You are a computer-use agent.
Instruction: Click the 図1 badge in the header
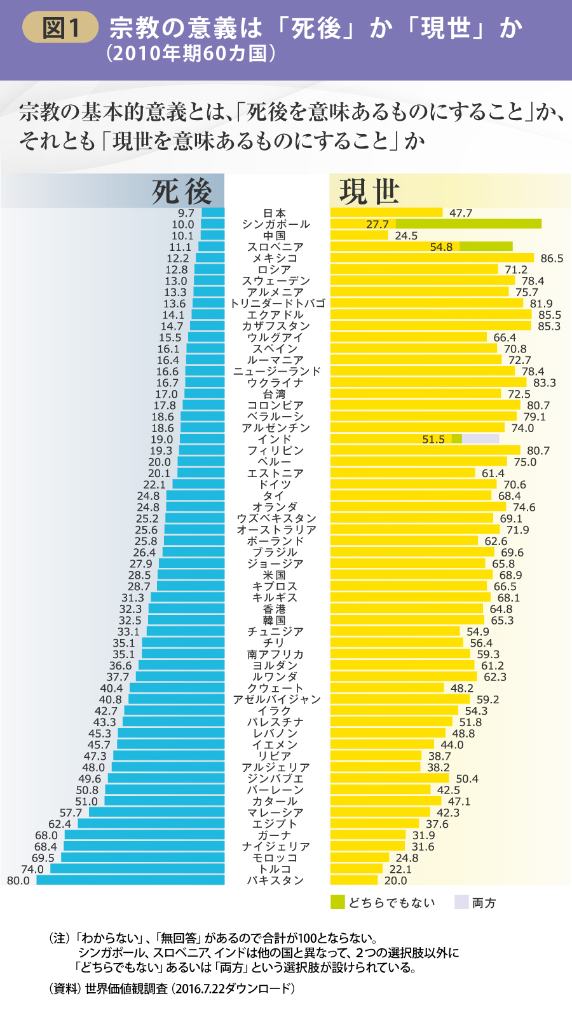coord(60,29)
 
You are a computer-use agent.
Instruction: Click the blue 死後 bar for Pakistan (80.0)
coord(130,880)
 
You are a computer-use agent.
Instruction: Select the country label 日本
coord(275,213)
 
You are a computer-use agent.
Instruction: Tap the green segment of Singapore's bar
coord(468,224)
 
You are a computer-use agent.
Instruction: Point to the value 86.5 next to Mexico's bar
coord(552,259)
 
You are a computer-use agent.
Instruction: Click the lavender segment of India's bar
coord(480,439)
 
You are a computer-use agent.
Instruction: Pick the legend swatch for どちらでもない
coord(337,902)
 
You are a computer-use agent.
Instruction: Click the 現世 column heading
coord(369,191)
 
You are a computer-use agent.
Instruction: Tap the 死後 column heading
coord(182,191)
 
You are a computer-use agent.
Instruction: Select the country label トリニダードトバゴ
coord(278,304)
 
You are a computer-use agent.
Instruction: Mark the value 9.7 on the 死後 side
coord(186,213)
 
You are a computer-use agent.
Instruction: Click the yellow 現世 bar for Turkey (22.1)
coord(356,868)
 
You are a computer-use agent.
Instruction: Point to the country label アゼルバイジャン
coord(276,699)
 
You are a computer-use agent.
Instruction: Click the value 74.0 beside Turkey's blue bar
coord(32,869)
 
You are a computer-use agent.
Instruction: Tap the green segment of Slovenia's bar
coord(486,246)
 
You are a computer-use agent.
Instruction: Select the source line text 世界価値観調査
coord(126,988)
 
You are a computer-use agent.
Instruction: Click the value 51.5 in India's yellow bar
coord(433,440)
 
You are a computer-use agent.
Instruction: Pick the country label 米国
coord(275,575)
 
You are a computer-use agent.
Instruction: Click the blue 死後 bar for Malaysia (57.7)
coord(156,812)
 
